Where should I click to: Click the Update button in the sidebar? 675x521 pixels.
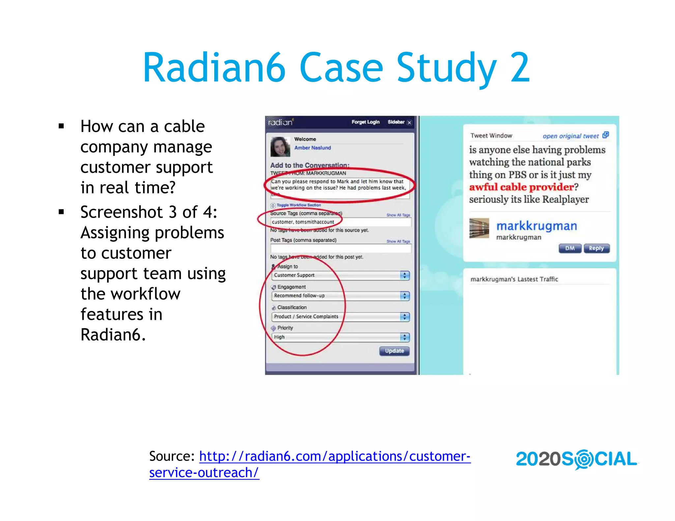tap(394, 351)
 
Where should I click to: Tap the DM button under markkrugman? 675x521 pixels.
tap(570, 248)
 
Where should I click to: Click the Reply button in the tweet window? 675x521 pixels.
tap(596, 248)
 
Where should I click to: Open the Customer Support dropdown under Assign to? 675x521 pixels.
tap(340, 275)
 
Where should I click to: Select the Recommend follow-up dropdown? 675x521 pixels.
tap(340, 296)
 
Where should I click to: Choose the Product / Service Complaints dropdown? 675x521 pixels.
tap(340, 316)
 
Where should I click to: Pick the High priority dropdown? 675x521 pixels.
tap(340, 337)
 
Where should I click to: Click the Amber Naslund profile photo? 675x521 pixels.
tap(280, 147)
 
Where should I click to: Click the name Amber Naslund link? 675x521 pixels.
tap(312, 148)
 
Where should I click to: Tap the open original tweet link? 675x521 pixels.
tap(571, 136)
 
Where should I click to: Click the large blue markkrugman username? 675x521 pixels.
tap(537, 226)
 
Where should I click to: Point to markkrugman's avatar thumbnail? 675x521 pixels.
tap(479, 228)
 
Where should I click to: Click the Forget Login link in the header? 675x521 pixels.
tap(366, 122)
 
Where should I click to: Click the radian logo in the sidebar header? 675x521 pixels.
tap(280, 122)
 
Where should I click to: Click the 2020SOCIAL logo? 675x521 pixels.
tap(576, 459)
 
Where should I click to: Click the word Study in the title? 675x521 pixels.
tap(446, 68)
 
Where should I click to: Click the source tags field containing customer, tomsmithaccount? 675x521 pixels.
tap(340, 222)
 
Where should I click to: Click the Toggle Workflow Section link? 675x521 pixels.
tap(298, 205)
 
